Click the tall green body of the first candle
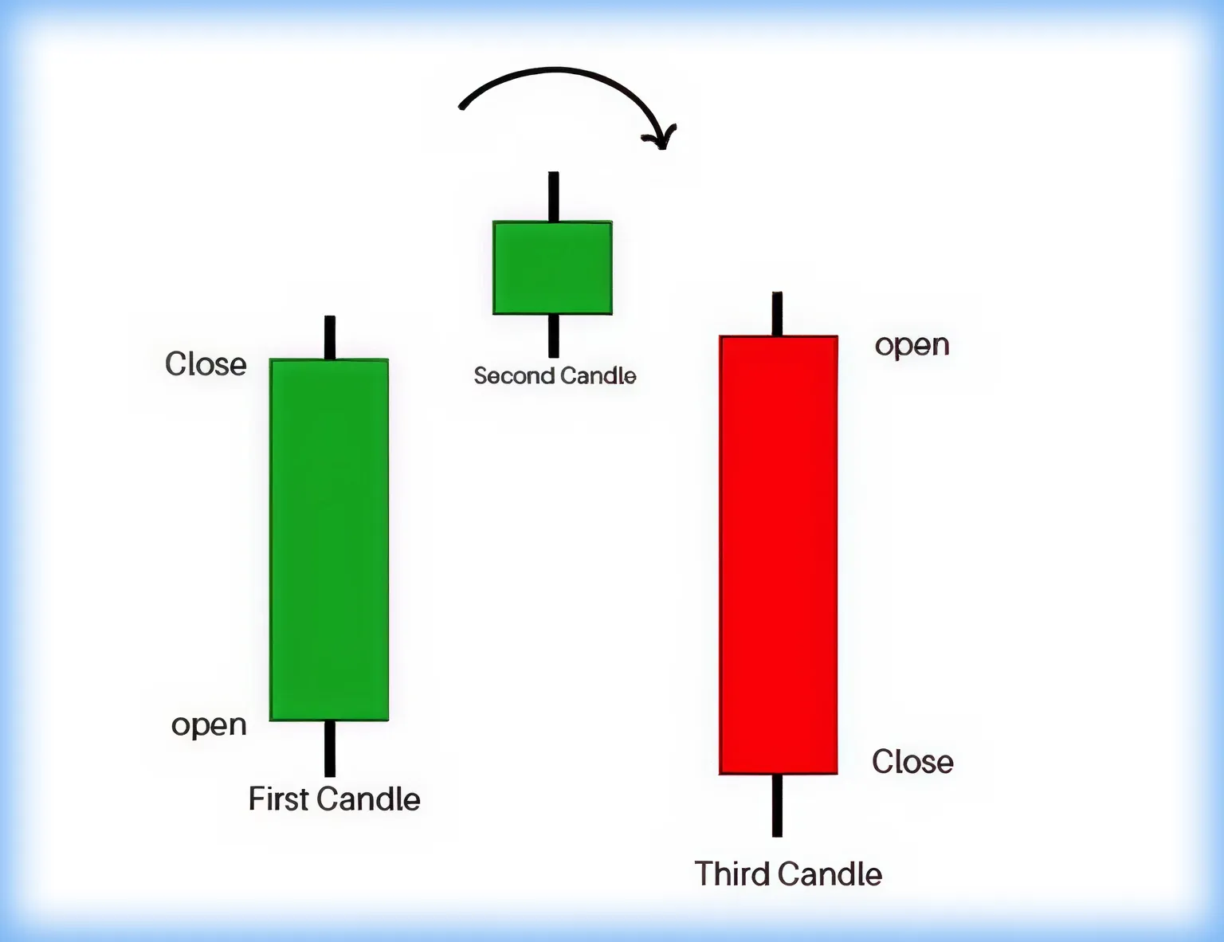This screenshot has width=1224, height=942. click(329, 540)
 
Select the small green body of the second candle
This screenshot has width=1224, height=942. click(552, 268)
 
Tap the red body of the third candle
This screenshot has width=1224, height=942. click(779, 555)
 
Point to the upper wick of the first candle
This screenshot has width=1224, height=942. click(330, 337)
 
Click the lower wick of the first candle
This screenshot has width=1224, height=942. click(330, 749)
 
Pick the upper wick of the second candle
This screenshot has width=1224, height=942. click(554, 197)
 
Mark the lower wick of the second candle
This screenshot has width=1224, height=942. click(554, 336)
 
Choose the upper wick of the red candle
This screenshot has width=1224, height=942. click(777, 314)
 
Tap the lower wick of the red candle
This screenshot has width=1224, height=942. click(777, 805)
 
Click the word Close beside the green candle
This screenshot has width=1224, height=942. click(206, 363)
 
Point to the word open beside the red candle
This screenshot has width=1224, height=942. click(912, 346)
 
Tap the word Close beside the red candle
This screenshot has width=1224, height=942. click(912, 762)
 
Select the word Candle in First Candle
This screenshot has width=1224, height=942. click(369, 799)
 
